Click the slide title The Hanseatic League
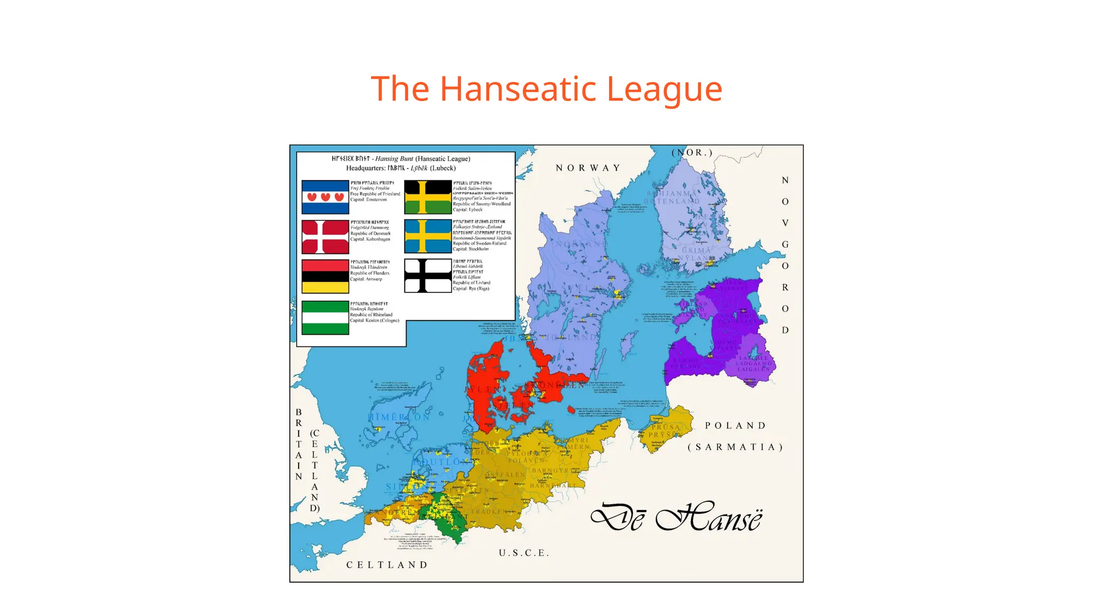546,89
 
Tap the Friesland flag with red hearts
325,197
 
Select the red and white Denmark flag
325,236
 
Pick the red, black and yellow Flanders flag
325,276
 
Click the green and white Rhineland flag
325,318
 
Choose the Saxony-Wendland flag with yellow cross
428,197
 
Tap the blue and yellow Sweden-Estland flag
428,236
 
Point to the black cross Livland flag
428,275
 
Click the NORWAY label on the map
588,168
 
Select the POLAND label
736,426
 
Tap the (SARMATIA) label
736,447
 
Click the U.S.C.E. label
523,553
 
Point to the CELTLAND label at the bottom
387,565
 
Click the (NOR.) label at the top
692,152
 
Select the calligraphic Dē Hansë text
676,518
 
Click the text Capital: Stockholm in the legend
471,249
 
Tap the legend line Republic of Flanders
370,273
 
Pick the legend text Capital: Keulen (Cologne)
374,321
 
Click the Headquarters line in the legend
401,168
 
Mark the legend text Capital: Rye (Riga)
471,289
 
